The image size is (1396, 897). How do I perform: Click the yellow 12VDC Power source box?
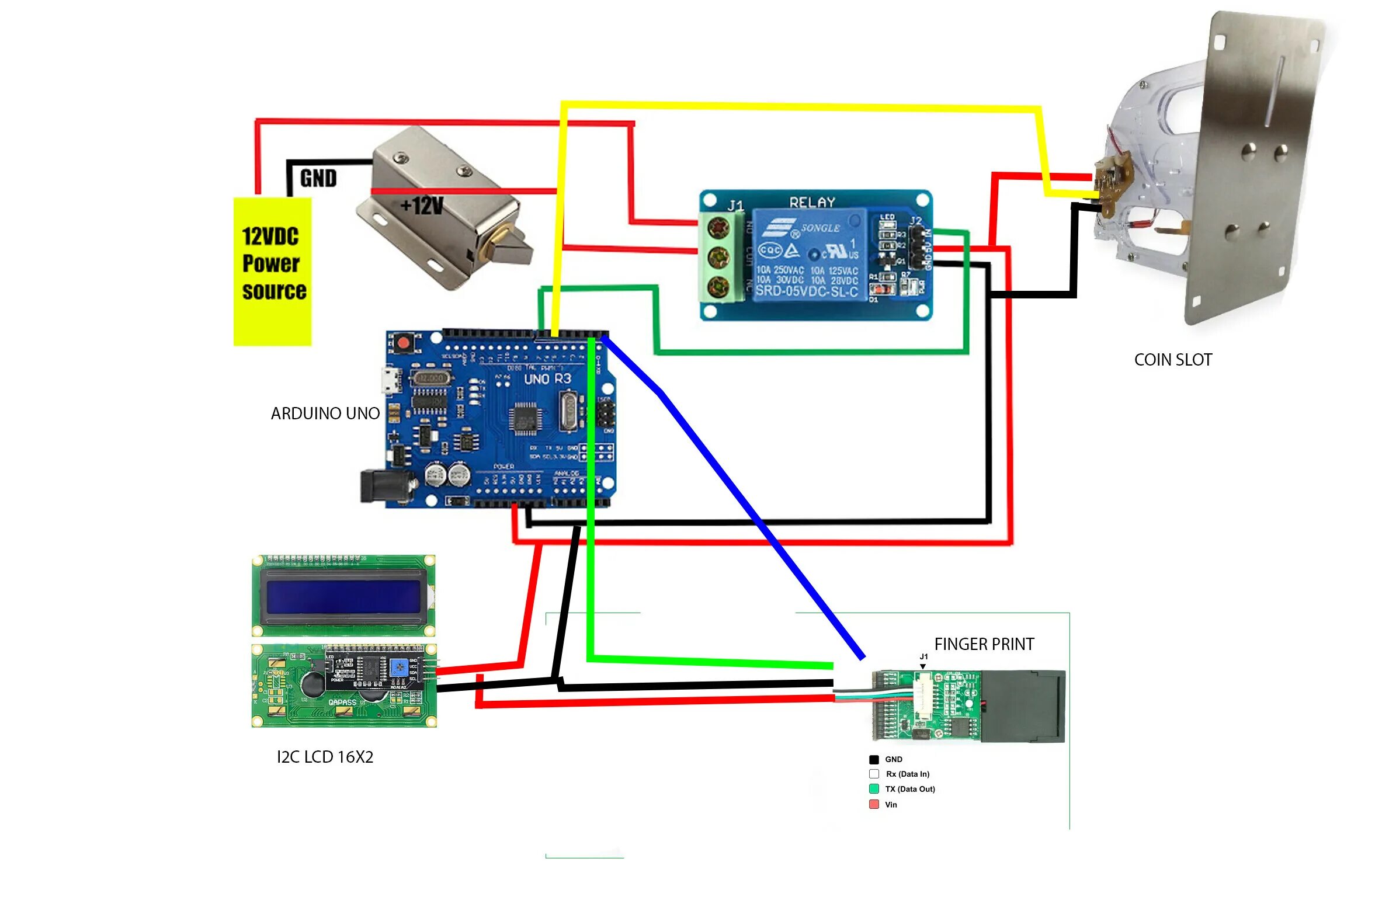(x=272, y=271)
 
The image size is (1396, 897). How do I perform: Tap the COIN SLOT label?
(x=1172, y=360)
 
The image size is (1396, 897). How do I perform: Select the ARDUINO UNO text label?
(x=325, y=413)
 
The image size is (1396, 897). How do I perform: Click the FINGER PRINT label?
(x=984, y=644)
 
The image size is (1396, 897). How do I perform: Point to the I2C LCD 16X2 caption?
(x=325, y=757)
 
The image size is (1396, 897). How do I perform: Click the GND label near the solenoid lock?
(x=318, y=178)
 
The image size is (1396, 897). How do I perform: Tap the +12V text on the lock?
(x=422, y=206)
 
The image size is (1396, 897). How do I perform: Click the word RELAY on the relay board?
(x=812, y=202)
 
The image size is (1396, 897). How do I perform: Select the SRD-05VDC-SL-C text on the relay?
(x=807, y=291)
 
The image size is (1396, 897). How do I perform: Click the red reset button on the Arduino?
(x=402, y=342)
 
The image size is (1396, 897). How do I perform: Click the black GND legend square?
(x=874, y=760)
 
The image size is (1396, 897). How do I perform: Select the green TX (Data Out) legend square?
(x=874, y=789)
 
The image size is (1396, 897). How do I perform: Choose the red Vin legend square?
(x=874, y=805)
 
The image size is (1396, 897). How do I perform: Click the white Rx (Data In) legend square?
(x=874, y=774)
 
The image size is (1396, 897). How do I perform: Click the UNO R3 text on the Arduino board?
(x=547, y=379)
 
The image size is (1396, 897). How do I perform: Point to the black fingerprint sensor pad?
(x=1022, y=707)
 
